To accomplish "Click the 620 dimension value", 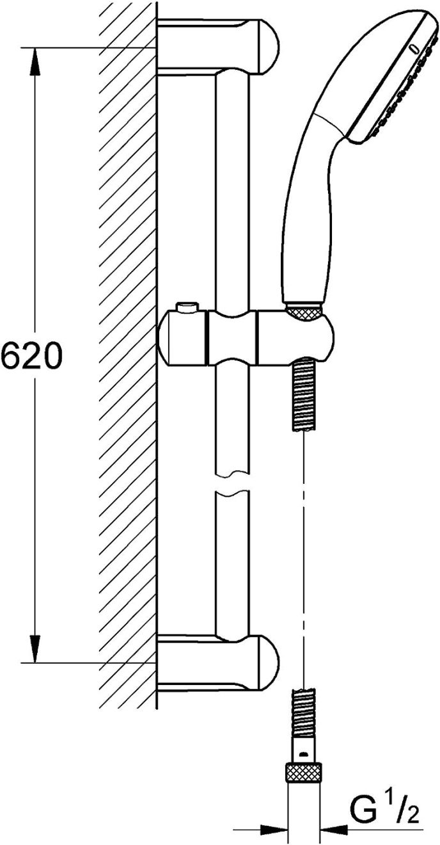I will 31,357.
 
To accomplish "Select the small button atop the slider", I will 187,309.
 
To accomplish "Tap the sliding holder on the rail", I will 246,337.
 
